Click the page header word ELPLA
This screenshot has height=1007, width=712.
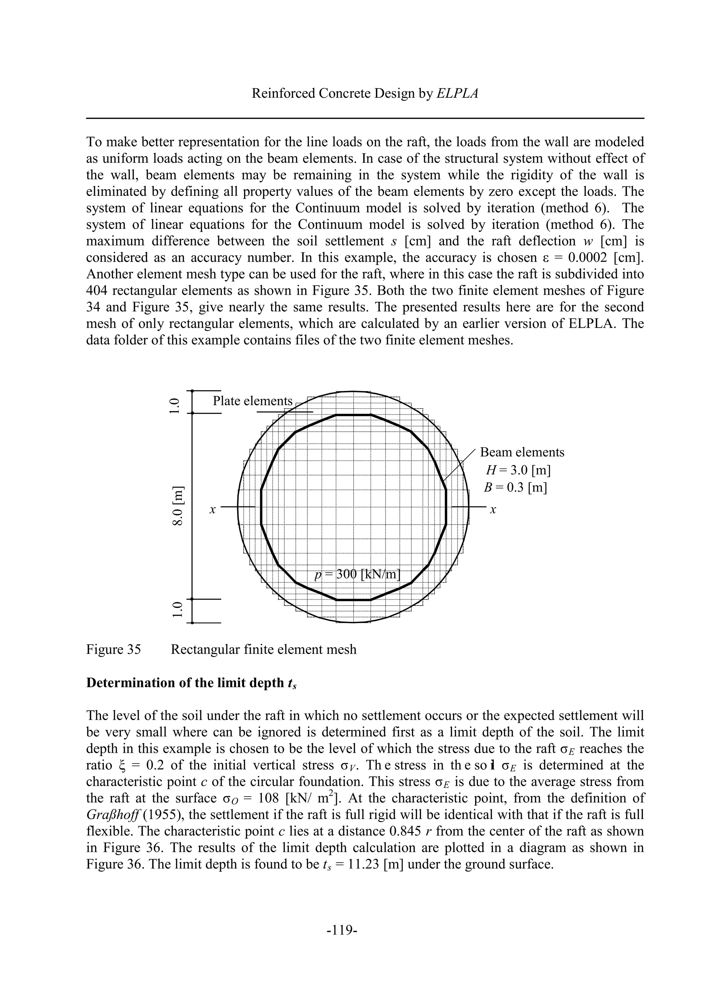pyautogui.click(x=457, y=94)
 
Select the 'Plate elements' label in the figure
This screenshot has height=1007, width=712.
pyautogui.click(x=252, y=401)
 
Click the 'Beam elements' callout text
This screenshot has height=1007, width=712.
pyautogui.click(x=522, y=452)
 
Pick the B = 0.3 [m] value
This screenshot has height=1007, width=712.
pyautogui.click(x=516, y=488)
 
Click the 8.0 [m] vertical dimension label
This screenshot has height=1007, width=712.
pyautogui.click(x=177, y=508)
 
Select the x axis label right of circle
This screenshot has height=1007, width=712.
pyautogui.click(x=493, y=510)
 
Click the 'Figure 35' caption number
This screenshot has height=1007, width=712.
pyautogui.click(x=114, y=649)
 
